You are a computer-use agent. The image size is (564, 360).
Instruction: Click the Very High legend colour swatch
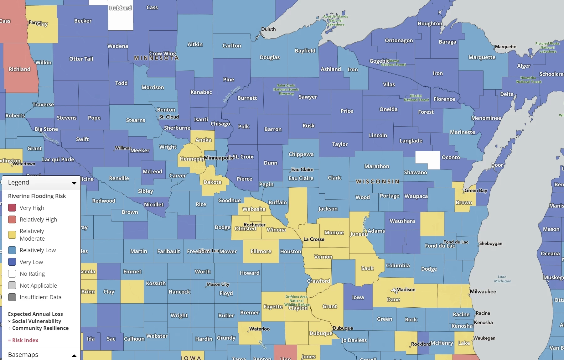tap(12, 208)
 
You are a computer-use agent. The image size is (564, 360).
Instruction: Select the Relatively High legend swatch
tap(12, 219)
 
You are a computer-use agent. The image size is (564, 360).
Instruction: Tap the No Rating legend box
tap(12, 274)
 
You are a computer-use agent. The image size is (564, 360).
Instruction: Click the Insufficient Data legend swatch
tap(12, 297)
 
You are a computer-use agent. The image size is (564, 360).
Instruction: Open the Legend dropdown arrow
tap(74, 183)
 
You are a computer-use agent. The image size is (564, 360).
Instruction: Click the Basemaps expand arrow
tap(74, 355)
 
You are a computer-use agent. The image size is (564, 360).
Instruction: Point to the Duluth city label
tap(268, 29)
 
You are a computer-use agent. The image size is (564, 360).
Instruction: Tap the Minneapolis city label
tap(218, 158)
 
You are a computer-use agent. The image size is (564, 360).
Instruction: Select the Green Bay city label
tap(476, 190)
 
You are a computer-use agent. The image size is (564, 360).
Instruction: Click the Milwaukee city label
tap(483, 291)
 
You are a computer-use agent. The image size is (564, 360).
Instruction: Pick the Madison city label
tap(406, 290)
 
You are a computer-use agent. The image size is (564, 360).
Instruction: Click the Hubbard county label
tap(121, 8)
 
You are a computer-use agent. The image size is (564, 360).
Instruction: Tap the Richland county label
tap(19, 69)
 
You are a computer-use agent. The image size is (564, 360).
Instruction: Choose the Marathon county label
tap(377, 166)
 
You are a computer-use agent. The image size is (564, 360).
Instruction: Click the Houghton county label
tap(430, 23)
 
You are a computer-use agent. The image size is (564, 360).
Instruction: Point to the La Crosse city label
tap(314, 239)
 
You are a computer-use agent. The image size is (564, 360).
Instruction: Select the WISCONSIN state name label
tap(378, 182)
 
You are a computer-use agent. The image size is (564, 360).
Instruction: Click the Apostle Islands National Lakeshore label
tap(336, 20)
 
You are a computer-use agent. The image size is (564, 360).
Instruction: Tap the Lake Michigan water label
tap(502, 279)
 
